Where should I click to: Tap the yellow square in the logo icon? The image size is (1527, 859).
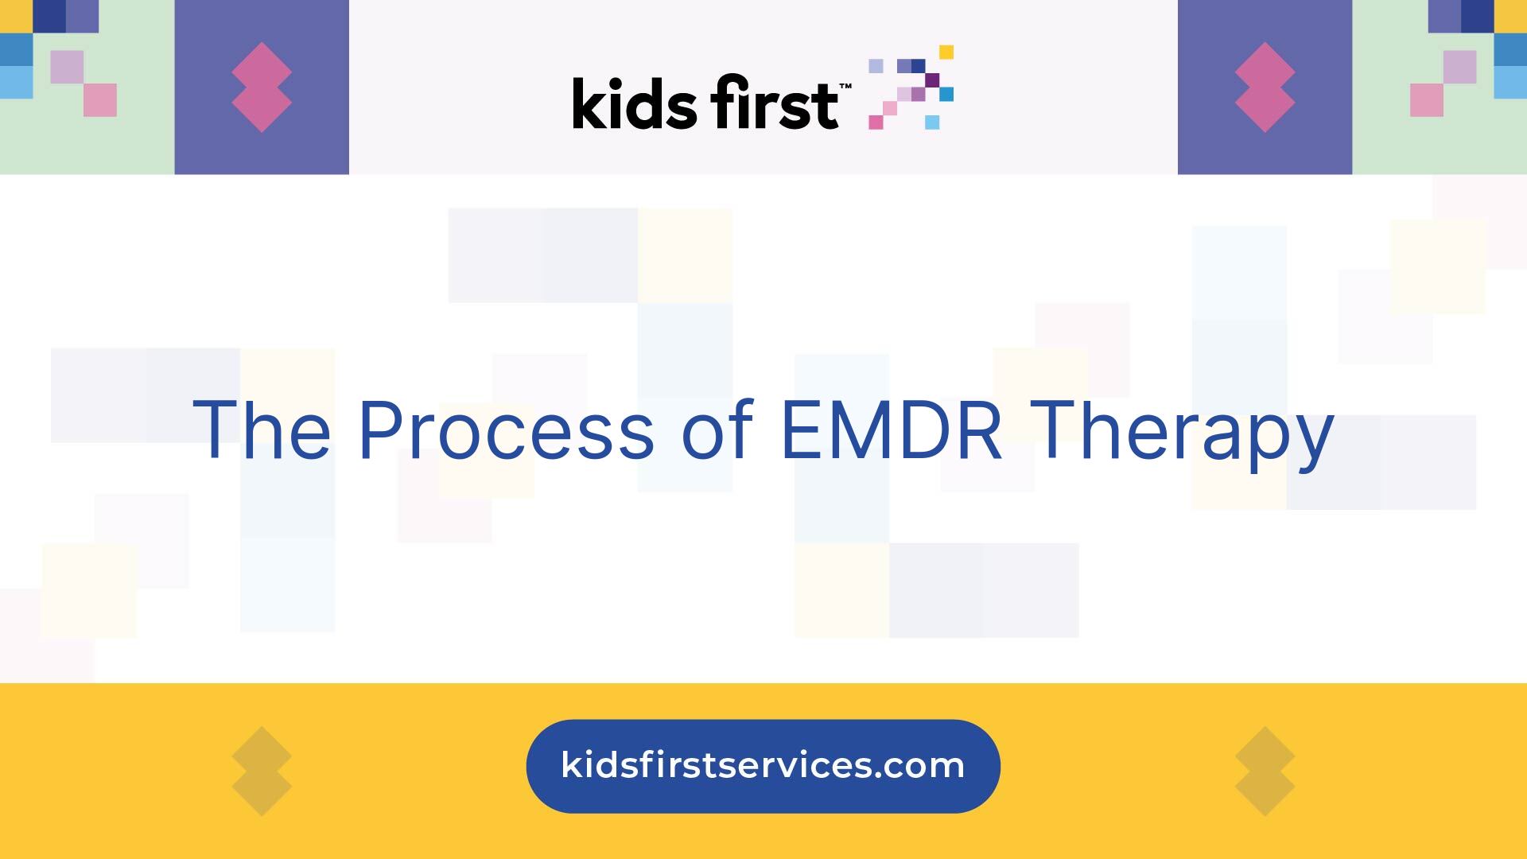point(946,52)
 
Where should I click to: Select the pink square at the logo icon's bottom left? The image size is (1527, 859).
point(876,122)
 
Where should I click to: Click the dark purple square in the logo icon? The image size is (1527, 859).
point(932,80)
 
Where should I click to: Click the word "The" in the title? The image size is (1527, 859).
point(262,430)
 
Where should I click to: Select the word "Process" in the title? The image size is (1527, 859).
point(506,430)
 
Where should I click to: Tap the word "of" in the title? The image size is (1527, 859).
point(717,430)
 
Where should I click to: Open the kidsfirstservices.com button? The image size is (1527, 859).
point(763,766)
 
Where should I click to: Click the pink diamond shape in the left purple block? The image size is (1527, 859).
point(262,87)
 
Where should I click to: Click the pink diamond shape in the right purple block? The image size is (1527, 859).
point(1265,87)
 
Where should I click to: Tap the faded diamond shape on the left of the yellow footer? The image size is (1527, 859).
point(262,771)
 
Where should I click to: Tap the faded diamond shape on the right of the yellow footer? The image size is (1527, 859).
point(1265,771)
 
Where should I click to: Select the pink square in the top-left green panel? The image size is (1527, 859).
point(100,100)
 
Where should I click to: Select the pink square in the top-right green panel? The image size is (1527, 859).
point(1427,100)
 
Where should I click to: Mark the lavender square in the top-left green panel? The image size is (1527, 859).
point(67,67)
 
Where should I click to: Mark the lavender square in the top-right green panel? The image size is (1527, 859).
point(1460,67)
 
